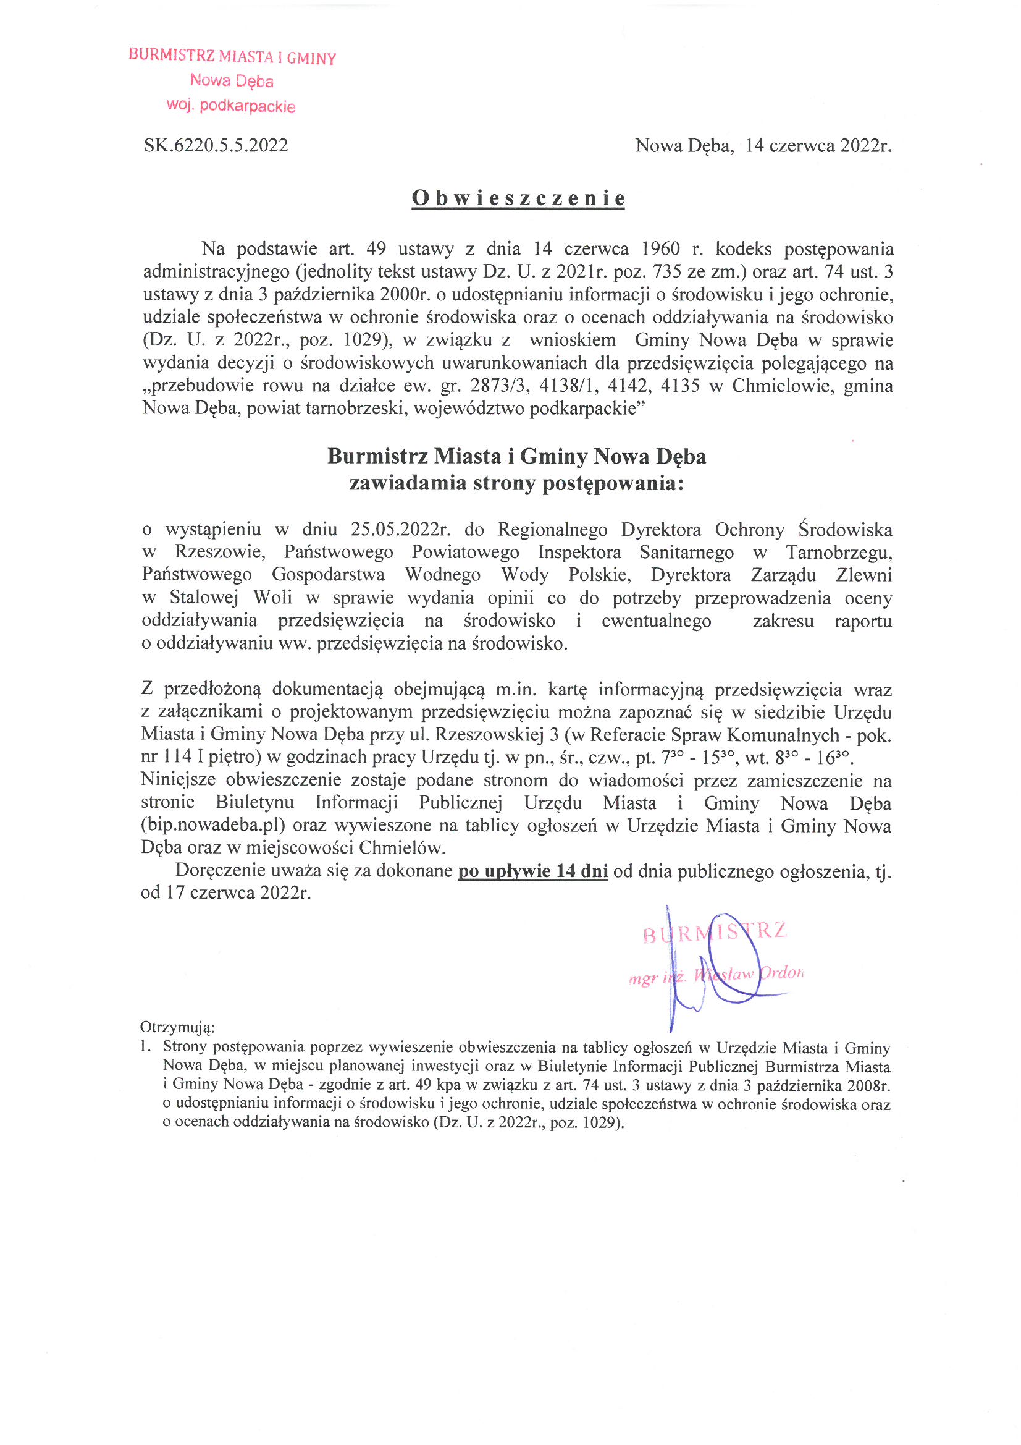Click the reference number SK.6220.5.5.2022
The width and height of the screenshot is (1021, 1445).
click(x=216, y=145)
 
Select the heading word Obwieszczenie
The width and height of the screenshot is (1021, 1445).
click(x=518, y=198)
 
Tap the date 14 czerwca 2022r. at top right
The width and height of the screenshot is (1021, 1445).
click(x=818, y=145)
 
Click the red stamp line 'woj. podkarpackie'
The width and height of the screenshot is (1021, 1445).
click(x=231, y=105)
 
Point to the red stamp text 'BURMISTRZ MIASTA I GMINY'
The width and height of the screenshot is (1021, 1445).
click(x=232, y=57)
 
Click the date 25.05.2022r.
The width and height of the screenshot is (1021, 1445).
click(x=401, y=529)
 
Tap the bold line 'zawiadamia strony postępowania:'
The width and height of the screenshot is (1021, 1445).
click(x=516, y=483)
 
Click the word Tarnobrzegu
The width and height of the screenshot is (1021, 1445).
click(x=838, y=552)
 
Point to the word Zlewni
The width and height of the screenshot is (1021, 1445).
click(x=863, y=575)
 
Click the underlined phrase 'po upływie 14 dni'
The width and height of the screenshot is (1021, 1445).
click(x=533, y=871)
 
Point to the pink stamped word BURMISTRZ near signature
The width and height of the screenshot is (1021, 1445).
click(x=714, y=932)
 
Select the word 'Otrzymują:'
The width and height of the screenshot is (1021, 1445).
click(x=177, y=1027)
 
